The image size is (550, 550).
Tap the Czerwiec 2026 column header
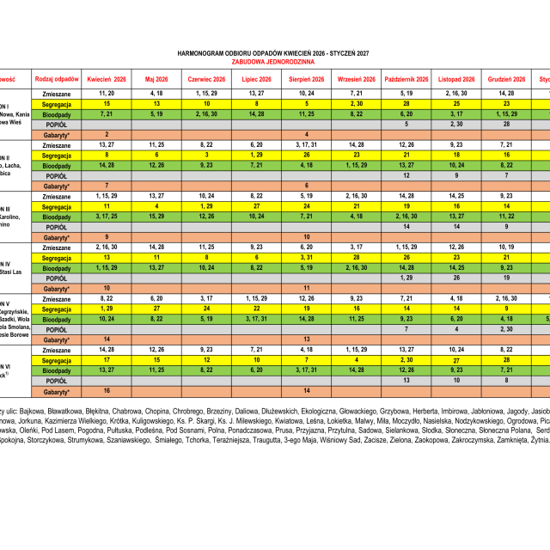click(x=206, y=78)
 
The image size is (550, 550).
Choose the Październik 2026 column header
click(x=406, y=78)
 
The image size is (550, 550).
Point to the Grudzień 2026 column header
click(x=506, y=78)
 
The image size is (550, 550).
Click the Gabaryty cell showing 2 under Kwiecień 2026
click(x=107, y=134)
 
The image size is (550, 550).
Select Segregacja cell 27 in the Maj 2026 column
click(x=156, y=309)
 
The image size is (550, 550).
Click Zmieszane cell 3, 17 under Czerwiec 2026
click(x=206, y=298)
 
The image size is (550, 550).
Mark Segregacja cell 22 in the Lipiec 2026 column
click(x=256, y=309)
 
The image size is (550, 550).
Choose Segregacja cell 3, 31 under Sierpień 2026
click(x=306, y=257)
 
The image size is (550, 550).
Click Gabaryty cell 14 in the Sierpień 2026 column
click(x=306, y=391)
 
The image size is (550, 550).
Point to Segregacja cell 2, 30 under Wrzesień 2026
click(x=356, y=103)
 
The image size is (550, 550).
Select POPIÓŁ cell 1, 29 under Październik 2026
click(x=406, y=278)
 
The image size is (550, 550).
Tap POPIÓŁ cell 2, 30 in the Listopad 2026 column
click(x=456, y=124)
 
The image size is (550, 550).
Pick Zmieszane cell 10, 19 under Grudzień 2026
click(x=506, y=247)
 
